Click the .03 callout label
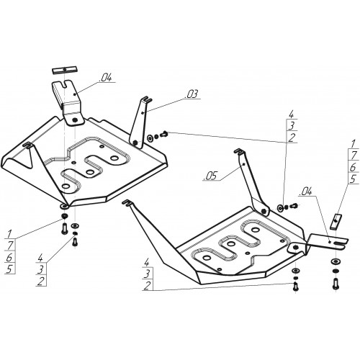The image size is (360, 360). (x=192, y=94)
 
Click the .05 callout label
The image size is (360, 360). (x=210, y=176)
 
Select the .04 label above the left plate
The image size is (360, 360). (x=106, y=78)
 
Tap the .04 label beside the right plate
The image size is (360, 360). (x=305, y=192)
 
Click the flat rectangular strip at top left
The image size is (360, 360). (x=65, y=70)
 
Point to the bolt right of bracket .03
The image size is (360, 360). (x=164, y=134)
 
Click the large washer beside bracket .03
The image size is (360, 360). (x=150, y=138)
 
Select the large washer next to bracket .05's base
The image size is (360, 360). (x=280, y=207)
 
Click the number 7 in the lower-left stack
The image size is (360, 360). (x=10, y=246)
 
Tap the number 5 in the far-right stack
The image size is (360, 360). (x=353, y=179)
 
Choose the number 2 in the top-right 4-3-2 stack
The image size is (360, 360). (x=292, y=138)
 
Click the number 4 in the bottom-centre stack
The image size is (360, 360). (x=147, y=262)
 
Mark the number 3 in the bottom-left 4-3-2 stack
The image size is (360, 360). (x=40, y=270)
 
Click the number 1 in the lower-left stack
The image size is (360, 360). (x=9, y=233)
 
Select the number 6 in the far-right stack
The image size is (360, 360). (x=353, y=167)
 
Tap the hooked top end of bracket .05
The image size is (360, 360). (x=239, y=151)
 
